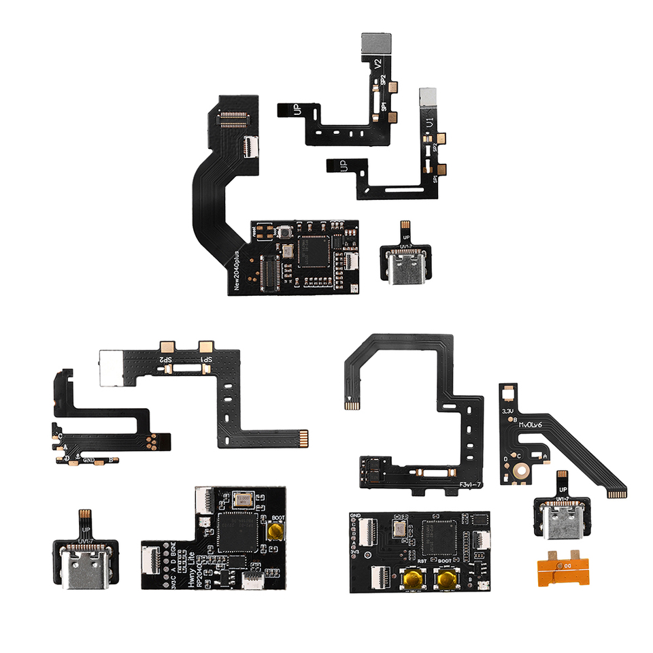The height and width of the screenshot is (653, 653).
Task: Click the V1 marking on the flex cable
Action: (x=429, y=124)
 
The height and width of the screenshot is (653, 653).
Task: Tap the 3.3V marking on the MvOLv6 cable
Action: (x=507, y=411)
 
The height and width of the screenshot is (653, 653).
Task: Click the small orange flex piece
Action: (x=562, y=567)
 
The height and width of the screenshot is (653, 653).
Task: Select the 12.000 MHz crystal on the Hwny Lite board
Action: (x=243, y=501)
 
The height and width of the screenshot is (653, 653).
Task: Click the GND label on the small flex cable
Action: (x=88, y=460)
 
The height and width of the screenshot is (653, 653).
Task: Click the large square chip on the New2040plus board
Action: (x=316, y=249)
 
